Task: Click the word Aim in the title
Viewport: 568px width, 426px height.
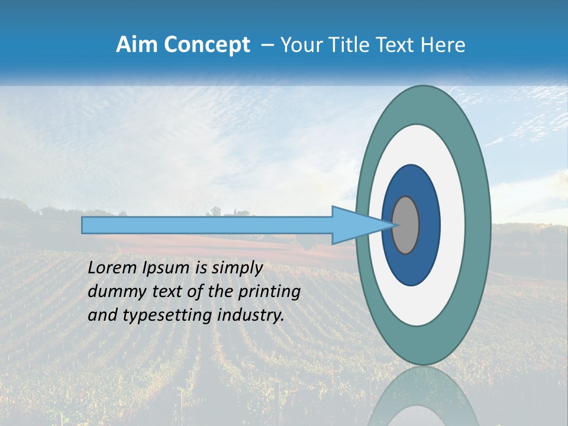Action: coord(137,45)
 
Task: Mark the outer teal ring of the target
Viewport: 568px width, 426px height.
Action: coord(478,225)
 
